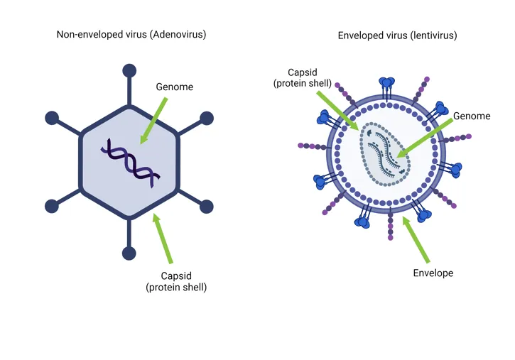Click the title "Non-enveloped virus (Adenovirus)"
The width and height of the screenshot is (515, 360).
tap(131, 35)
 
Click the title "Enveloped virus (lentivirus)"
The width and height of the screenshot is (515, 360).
tap(397, 35)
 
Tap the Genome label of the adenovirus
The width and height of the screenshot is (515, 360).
tap(174, 87)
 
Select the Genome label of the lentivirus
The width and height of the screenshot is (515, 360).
tap(471, 116)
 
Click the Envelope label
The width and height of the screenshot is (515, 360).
tap(433, 273)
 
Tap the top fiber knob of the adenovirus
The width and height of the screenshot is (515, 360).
tap(129, 70)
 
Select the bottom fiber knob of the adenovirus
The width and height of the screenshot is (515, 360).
tap(129, 253)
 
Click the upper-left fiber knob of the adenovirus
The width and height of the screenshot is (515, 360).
tap(52, 117)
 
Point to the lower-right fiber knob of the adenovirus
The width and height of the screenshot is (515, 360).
tap(207, 207)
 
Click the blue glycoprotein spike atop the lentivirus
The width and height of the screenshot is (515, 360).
tap(388, 84)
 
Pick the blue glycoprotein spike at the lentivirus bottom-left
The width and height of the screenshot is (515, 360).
tap(363, 222)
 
